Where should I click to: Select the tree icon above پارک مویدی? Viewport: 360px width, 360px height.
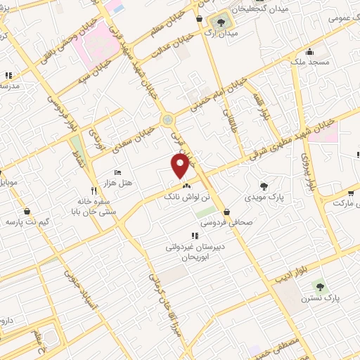point(264,186)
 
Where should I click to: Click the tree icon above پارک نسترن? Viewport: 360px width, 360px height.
point(321,286)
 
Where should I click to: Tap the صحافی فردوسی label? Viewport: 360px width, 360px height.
point(224,223)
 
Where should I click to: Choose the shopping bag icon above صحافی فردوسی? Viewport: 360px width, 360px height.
point(227,211)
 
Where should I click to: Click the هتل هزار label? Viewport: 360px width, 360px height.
point(117,183)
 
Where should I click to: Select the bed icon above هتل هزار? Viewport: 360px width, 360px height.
point(117,172)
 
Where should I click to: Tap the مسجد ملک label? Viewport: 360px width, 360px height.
point(309,62)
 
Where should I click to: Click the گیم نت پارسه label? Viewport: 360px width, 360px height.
point(25,222)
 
